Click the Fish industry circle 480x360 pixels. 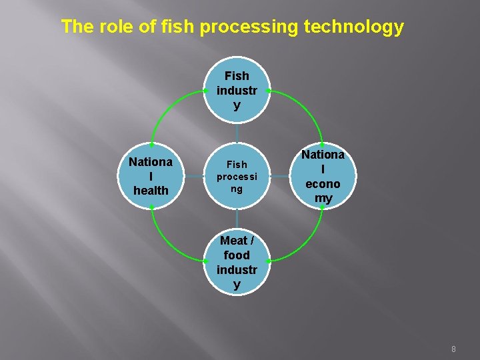pos(237,90)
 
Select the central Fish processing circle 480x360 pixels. pos(237,176)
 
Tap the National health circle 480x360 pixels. pos(151,176)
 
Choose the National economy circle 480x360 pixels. pos(323,176)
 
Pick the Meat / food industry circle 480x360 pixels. pos(237,262)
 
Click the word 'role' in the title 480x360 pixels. pos(111,27)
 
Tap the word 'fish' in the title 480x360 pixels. pos(179,27)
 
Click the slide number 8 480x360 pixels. pos(454,349)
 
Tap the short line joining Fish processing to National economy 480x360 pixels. pos(279,176)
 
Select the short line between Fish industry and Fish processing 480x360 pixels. pos(237,133)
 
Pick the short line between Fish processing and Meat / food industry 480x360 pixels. pos(237,219)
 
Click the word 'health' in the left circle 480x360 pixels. pos(151,191)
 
